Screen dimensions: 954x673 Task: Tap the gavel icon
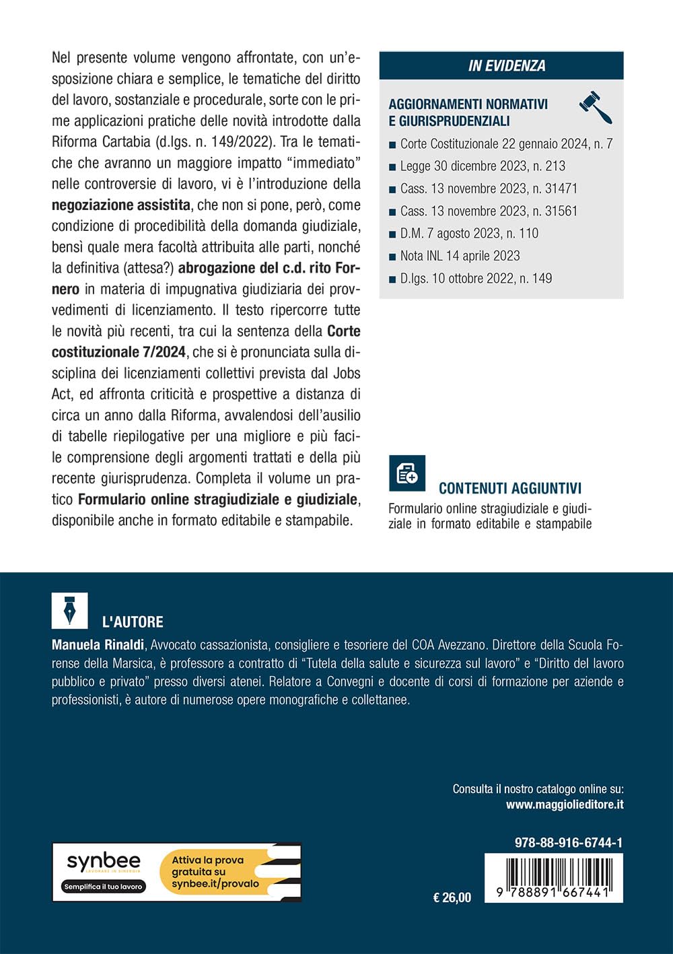(596, 107)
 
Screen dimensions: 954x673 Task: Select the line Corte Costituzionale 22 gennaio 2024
(505, 143)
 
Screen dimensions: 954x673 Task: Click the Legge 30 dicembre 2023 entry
(482, 166)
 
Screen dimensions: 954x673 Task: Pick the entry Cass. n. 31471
(488, 189)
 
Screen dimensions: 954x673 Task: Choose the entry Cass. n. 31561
(488, 211)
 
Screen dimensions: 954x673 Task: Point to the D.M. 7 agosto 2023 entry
(468, 234)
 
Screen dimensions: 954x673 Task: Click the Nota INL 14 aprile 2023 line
(460, 256)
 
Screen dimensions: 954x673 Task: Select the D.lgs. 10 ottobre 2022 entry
(475, 278)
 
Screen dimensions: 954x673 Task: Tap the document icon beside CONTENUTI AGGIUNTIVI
(407, 473)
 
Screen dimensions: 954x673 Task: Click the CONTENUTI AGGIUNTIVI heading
(509, 489)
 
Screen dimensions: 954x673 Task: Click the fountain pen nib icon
(69, 610)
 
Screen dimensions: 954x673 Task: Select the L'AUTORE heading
(132, 622)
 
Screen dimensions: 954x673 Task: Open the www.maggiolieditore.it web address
(564, 804)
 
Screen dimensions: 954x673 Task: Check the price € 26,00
(452, 897)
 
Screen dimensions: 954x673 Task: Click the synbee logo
(104, 862)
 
